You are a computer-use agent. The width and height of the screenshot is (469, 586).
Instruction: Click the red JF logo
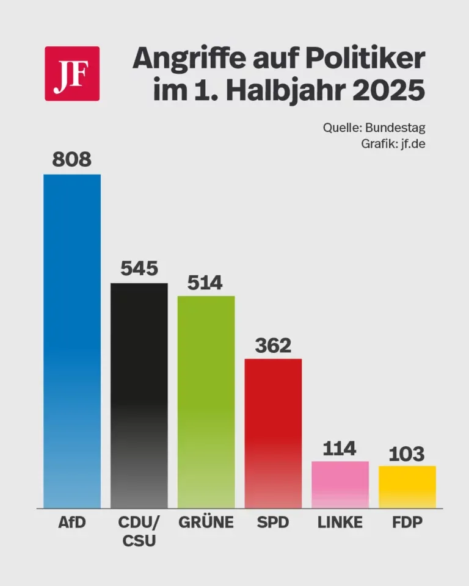coord(72,73)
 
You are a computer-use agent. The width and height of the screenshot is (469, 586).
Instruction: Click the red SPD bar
coord(273,433)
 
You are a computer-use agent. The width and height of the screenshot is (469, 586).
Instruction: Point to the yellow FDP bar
coord(407,487)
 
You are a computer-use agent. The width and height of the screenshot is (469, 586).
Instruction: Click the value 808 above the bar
coord(71,160)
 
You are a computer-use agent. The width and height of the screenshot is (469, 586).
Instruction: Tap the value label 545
coord(139,269)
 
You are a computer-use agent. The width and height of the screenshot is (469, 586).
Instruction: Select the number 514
coord(206,282)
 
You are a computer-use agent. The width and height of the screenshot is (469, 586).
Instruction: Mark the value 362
coord(273,345)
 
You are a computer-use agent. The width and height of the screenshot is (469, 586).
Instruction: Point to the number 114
coord(340,448)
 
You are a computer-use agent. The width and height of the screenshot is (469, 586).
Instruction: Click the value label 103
coord(407,454)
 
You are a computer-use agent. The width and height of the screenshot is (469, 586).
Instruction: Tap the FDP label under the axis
coord(408,523)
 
